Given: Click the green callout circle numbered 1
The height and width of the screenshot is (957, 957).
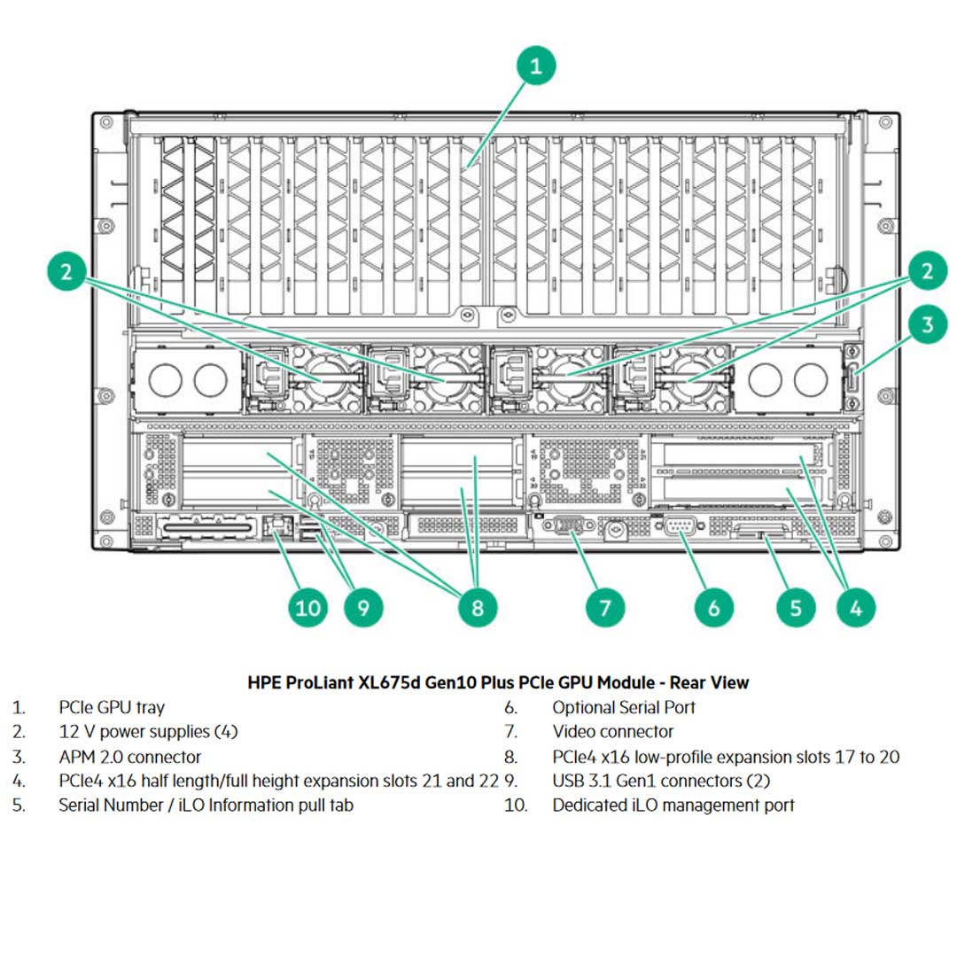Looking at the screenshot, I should click(x=537, y=66).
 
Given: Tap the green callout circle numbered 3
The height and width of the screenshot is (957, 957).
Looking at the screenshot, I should click(x=927, y=324).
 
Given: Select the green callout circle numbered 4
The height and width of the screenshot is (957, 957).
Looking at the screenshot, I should click(x=856, y=607).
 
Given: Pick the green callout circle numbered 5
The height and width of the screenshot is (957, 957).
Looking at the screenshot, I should click(x=796, y=607).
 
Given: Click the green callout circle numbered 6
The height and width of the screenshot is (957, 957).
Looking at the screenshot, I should click(x=714, y=607).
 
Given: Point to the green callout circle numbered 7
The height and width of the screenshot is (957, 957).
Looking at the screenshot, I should click(x=605, y=607).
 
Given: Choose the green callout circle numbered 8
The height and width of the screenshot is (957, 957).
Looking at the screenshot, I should click(x=478, y=607).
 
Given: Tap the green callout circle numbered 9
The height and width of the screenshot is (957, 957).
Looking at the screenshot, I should click(x=363, y=607).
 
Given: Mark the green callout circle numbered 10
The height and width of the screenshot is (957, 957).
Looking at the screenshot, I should click(x=307, y=607).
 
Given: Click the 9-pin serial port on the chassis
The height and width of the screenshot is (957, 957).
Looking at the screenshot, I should click(x=679, y=528).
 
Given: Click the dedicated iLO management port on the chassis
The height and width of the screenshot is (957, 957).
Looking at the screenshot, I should click(x=278, y=525).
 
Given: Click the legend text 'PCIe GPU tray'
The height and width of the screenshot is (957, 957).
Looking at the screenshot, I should click(x=112, y=707).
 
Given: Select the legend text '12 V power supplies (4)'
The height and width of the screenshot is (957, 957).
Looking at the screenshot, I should click(x=148, y=732).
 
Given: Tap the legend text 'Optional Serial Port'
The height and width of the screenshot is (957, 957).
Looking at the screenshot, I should click(x=624, y=707).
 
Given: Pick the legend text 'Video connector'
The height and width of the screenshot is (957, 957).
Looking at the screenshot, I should click(x=612, y=732).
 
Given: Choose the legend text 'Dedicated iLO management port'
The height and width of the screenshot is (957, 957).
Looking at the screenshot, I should click(x=673, y=805).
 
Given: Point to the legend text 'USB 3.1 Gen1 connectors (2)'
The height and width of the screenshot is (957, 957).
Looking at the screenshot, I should click(x=661, y=781).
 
